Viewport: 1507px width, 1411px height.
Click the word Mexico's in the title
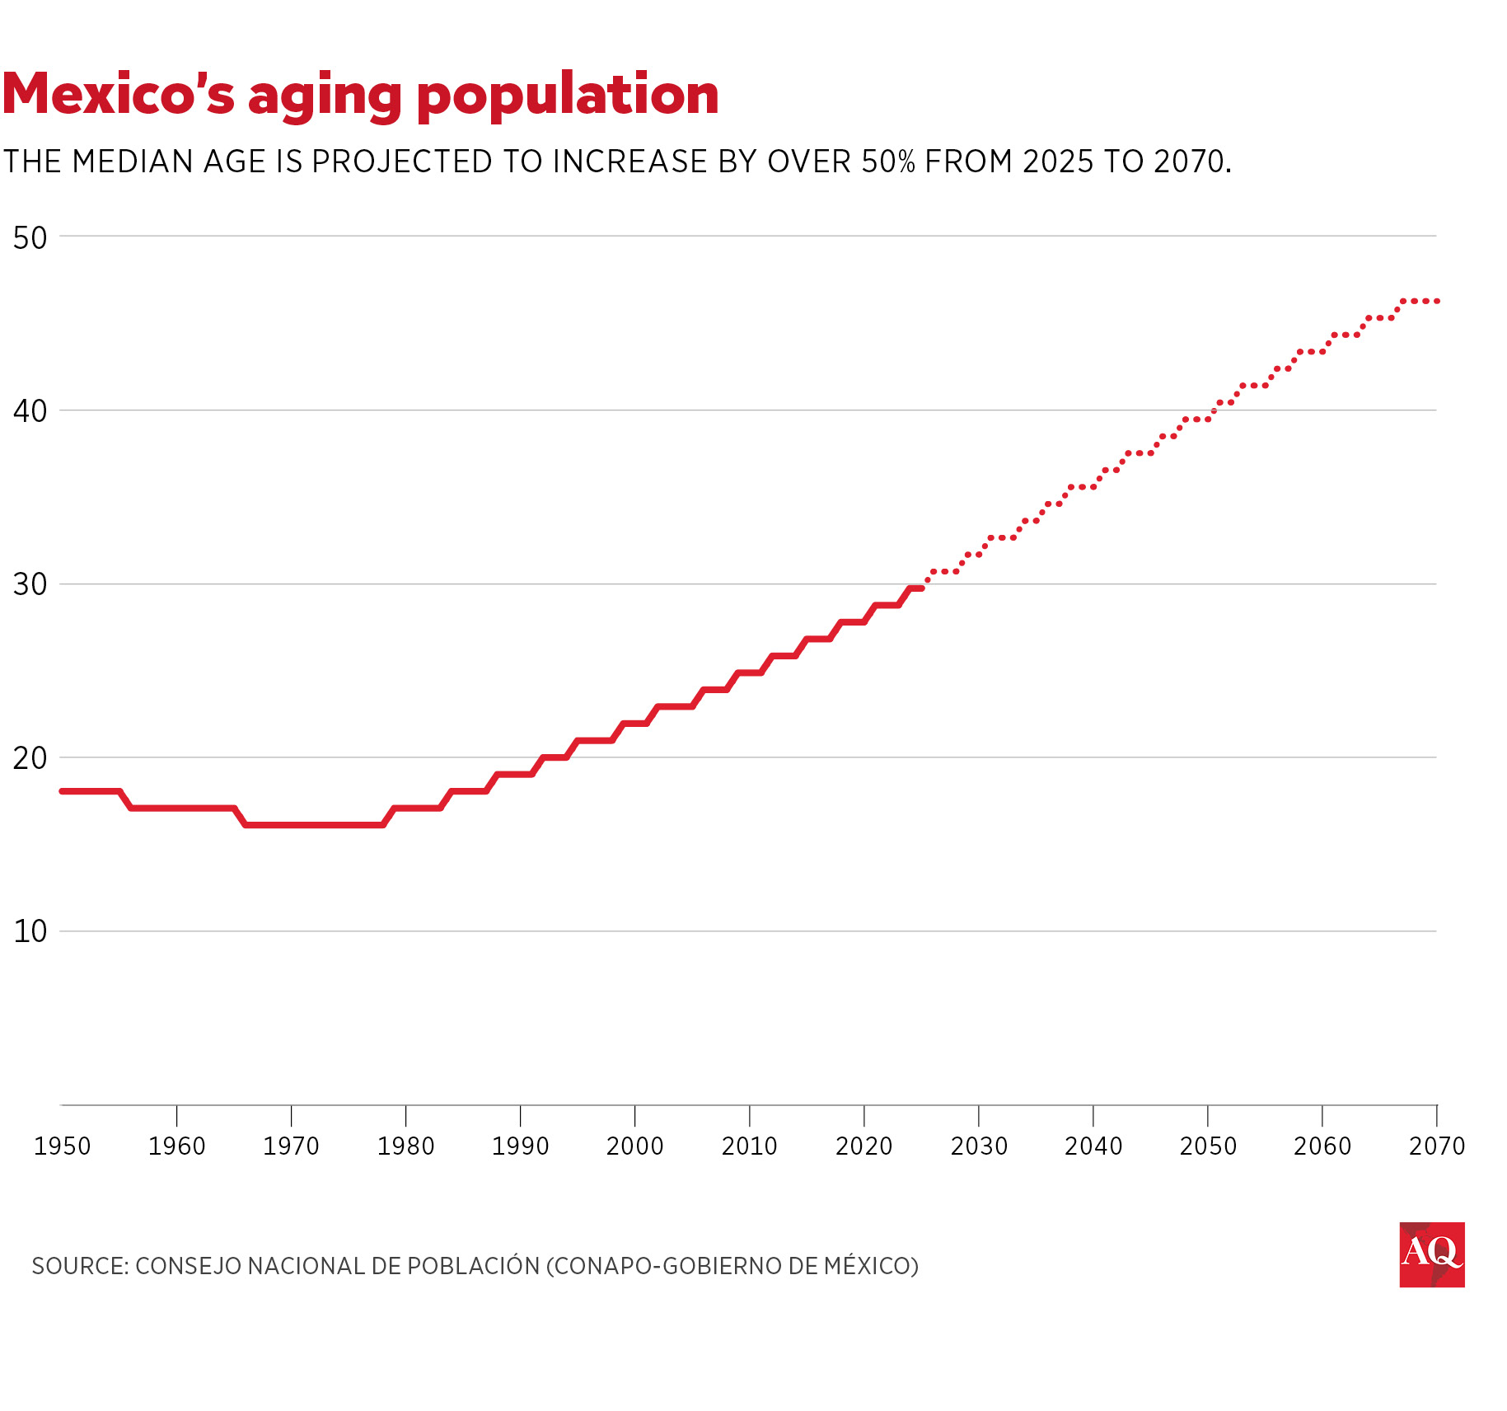pyautogui.click(x=119, y=94)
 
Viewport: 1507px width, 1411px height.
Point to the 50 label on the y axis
pyautogui.click(x=30, y=237)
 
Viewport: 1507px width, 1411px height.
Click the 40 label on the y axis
pyautogui.click(x=30, y=410)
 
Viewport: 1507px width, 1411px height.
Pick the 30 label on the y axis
pyautogui.click(x=30, y=584)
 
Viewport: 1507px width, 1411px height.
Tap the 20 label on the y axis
pyautogui.click(x=30, y=758)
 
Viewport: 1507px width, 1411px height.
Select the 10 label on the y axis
pyautogui.click(x=30, y=932)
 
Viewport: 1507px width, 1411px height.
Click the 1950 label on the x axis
pyautogui.click(x=62, y=1146)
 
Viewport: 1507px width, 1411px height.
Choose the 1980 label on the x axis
pyautogui.click(x=405, y=1146)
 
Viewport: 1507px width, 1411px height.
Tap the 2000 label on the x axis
pyautogui.click(x=634, y=1146)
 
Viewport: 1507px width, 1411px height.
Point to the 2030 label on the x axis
pyautogui.click(x=979, y=1146)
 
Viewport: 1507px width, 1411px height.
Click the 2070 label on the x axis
pyautogui.click(x=1437, y=1146)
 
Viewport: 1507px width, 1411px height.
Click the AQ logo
pyautogui.click(x=1431, y=1254)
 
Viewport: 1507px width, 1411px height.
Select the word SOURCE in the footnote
pyautogui.click(x=79, y=1266)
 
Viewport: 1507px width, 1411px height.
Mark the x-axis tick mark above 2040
pyautogui.click(x=1093, y=1115)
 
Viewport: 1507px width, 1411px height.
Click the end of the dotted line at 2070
pyautogui.click(x=1436, y=302)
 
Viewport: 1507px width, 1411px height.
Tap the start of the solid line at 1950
pyautogui.click(x=63, y=791)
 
